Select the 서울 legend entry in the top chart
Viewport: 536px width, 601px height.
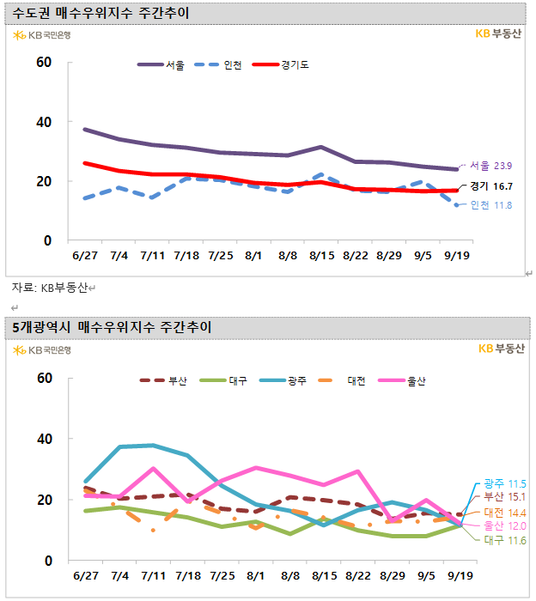(x=174, y=64)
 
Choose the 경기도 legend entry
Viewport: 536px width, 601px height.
(x=295, y=64)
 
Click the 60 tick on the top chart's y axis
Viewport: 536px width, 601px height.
(x=44, y=63)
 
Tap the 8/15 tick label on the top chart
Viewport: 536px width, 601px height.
(x=321, y=255)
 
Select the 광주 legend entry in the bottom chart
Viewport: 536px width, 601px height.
(x=296, y=380)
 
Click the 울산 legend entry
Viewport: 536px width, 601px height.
(x=417, y=380)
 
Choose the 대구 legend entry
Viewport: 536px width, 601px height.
(x=238, y=380)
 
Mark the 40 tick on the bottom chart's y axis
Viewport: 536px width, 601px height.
(x=44, y=439)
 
